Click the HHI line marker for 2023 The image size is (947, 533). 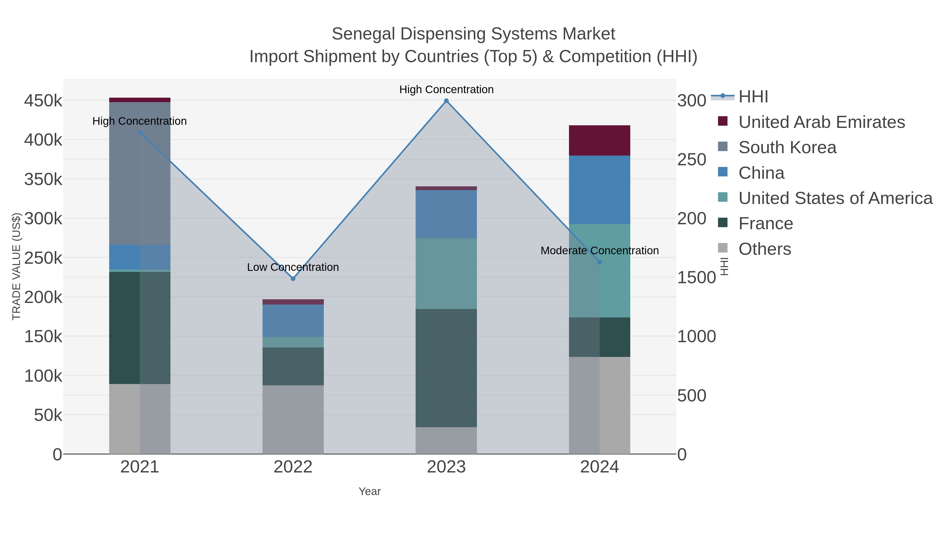coord(446,101)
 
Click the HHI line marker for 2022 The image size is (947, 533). coord(293,279)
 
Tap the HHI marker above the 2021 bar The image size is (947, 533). coord(140,132)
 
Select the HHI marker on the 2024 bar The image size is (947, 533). coord(600,262)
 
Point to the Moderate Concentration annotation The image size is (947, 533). coord(599,251)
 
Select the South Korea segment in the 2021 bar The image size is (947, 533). coord(140,173)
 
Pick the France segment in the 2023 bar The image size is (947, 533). coord(446,368)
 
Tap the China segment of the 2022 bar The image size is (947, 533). coord(293,321)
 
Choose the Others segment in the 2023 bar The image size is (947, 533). coord(446,440)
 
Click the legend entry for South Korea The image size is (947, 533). coord(787,147)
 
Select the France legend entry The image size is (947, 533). coord(765,224)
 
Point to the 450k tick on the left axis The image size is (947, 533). coord(43,101)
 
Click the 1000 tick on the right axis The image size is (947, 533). coord(696,337)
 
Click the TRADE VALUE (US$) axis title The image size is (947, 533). coord(17,266)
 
